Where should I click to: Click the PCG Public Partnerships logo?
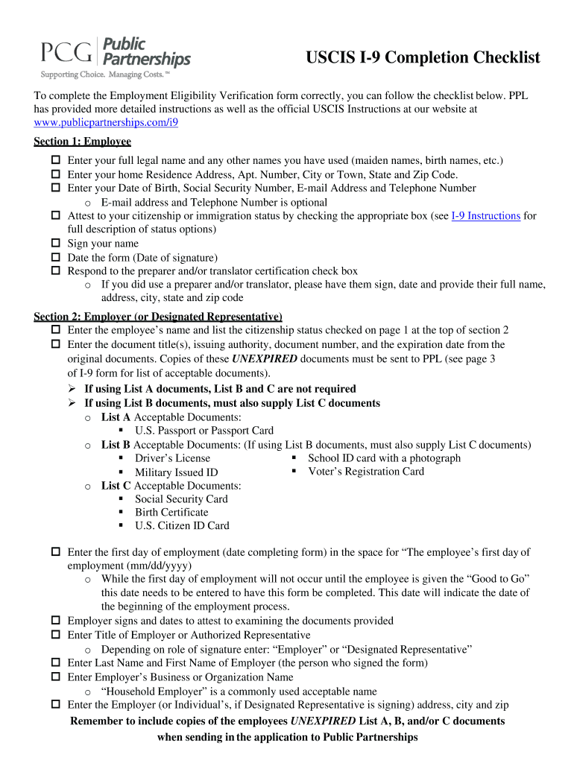(115, 57)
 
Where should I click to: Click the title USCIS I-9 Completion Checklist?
(423, 58)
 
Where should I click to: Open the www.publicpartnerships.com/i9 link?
(106, 123)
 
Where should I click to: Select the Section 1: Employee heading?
(82, 142)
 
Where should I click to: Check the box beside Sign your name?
(55, 244)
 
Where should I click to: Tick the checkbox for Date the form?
(55, 258)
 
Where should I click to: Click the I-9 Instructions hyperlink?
(485, 216)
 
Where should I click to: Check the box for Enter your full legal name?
(55, 161)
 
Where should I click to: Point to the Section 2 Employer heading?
(157, 316)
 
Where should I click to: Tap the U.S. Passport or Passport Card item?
(204, 431)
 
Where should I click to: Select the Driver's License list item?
(172, 458)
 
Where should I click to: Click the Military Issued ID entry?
(176, 472)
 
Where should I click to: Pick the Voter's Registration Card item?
(365, 471)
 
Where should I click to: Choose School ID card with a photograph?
(384, 458)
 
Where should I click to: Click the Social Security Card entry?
(181, 499)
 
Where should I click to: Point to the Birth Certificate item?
(171, 513)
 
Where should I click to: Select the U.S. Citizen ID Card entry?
(182, 526)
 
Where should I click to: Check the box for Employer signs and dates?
(55, 621)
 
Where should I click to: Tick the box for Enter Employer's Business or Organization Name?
(55, 677)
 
